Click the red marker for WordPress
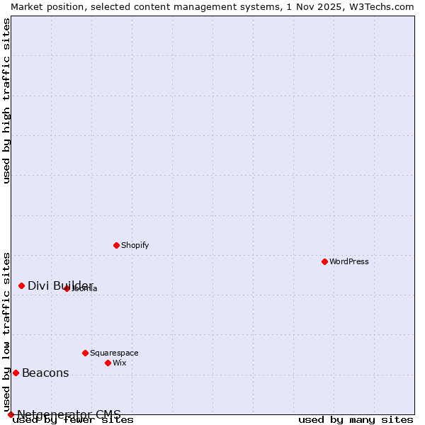click(324, 261)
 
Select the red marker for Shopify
click(116, 245)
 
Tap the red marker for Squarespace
click(85, 353)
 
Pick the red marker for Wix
click(108, 363)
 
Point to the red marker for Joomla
click(67, 288)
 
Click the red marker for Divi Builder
click(21, 285)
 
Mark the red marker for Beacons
click(16, 373)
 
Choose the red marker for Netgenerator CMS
click(11, 414)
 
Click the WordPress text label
click(349, 261)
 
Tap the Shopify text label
click(135, 245)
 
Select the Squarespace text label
click(114, 353)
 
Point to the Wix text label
click(120, 363)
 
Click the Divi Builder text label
click(60, 285)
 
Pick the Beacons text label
click(45, 373)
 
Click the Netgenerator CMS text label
click(69, 414)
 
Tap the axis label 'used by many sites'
click(356, 420)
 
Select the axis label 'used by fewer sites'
click(73, 420)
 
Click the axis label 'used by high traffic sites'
click(6, 101)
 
